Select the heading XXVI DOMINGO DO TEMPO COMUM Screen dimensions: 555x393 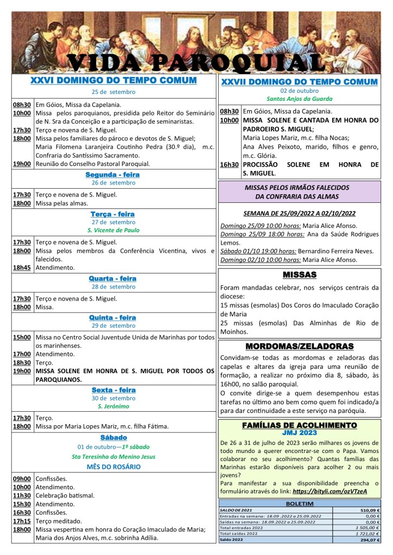point(113,80)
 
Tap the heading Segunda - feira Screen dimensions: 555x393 point(112,175)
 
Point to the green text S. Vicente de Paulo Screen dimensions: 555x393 point(113,230)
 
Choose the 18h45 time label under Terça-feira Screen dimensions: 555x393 point(22,267)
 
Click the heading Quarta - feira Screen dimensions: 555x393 point(112,278)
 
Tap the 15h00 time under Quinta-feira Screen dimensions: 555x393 point(22,337)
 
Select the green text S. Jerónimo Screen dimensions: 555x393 point(113,406)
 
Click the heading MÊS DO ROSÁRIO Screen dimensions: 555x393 point(113,467)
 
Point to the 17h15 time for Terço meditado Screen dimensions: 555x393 point(22,521)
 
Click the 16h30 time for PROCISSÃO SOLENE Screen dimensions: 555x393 point(229,164)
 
